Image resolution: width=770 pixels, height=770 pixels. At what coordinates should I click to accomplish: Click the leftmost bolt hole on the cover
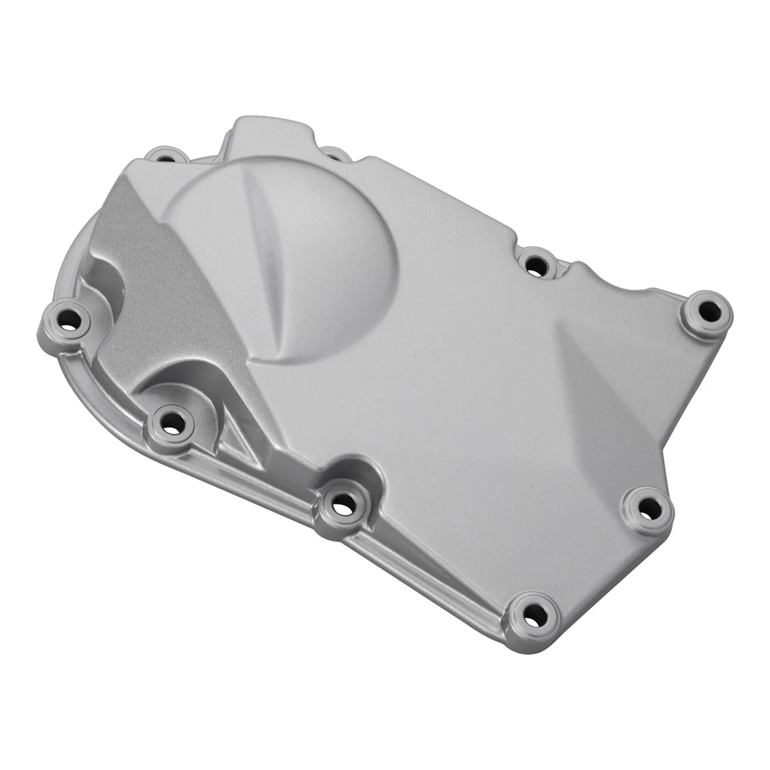69,321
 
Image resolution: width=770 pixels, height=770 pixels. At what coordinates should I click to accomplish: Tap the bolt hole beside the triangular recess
172,424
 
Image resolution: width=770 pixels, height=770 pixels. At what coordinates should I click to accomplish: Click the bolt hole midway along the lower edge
343,505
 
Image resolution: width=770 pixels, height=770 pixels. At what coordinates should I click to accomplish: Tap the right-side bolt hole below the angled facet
649,508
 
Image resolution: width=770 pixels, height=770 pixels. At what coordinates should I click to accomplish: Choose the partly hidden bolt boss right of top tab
335,152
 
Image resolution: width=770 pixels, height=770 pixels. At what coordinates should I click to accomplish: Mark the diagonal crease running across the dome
265,257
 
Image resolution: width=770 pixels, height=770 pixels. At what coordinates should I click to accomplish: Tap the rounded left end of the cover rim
60,265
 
